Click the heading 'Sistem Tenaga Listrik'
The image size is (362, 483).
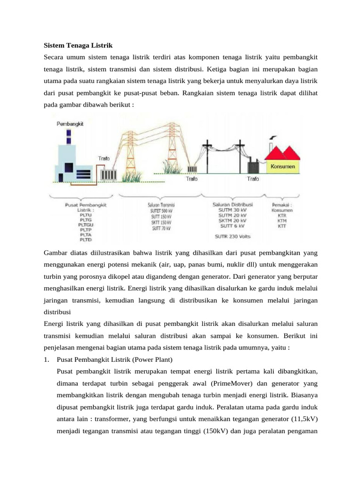[78, 46]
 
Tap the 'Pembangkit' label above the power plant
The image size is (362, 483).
[70, 124]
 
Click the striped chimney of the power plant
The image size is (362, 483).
[69, 137]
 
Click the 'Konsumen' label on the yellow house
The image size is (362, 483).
[283, 166]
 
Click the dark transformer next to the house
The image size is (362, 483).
[253, 167]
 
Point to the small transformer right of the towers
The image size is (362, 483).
[192, 169]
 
